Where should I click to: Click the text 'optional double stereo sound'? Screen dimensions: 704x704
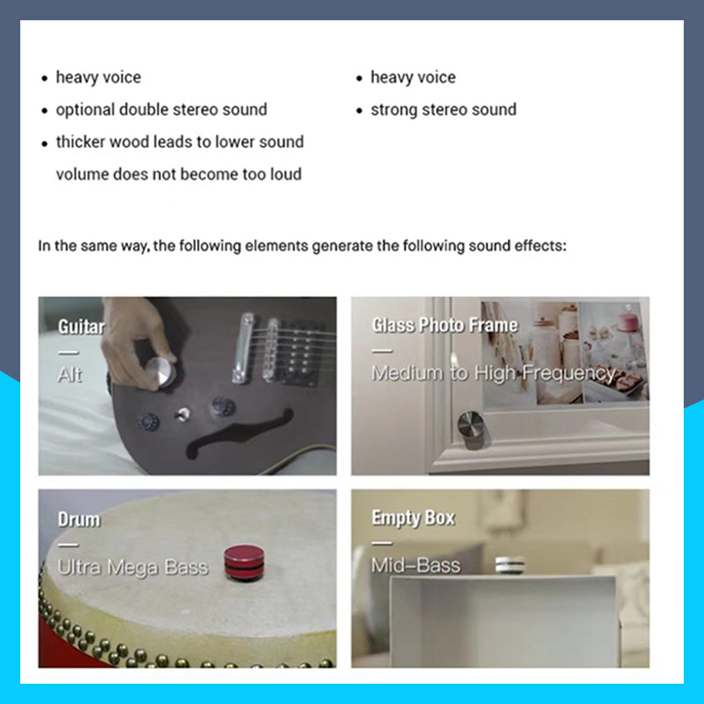pos(161,110)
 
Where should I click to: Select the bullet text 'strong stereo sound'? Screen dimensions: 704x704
pos(443,110)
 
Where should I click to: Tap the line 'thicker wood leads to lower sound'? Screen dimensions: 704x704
pos(180,142)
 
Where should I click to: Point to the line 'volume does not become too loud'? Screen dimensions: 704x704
pos(179,174)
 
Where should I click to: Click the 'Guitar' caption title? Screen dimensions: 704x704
pos(81,327)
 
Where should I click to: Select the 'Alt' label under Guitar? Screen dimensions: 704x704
pos(70,374)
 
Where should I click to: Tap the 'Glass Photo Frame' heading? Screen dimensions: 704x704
pos(444,326)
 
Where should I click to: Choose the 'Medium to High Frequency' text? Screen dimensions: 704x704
pos(493,373)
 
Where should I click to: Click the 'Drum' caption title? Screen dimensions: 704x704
pos(78,519)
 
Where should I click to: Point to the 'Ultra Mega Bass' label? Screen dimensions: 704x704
pos(133,568)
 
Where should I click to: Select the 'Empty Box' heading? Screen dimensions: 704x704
pos(413,517)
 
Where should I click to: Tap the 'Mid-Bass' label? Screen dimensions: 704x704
pos(415,565)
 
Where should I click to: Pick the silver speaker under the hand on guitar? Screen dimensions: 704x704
pos(160,371)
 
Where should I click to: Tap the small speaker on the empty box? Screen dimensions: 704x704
pos(509,564)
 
